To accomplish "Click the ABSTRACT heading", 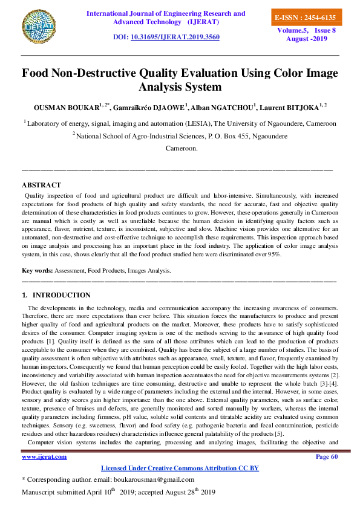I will pos(41,184).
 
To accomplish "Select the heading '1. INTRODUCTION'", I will pos(56,295).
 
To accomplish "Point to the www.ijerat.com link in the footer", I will pos(44,456).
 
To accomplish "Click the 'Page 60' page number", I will pos(327,456).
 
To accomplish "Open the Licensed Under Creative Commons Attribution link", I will pos(180,468).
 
